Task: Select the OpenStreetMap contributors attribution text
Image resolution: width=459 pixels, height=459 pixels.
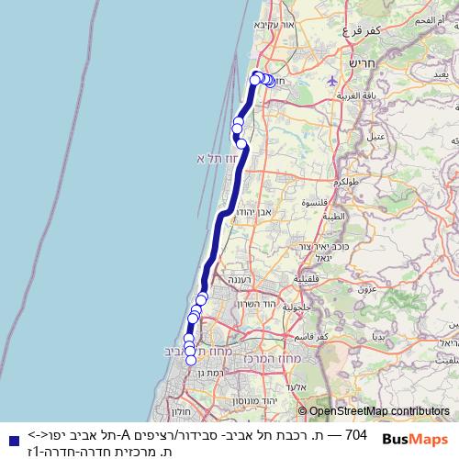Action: click(x=379, y=411)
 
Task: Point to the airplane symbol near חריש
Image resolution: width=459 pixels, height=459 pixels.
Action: click(x=333, y=80)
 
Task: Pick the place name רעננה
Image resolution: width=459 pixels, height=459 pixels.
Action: click(x=239, y=280)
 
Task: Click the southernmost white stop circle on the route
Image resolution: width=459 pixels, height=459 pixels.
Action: click(x=191, y=360)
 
